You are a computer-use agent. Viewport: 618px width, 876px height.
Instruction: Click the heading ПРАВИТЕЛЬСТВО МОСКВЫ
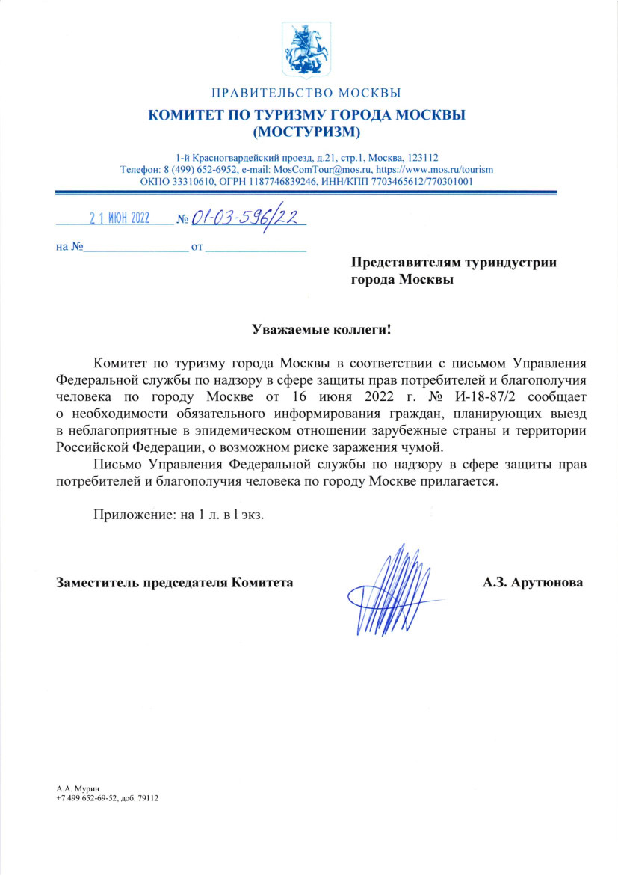tap(306, 94)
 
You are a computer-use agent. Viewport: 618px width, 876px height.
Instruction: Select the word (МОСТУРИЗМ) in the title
tap(306, 133)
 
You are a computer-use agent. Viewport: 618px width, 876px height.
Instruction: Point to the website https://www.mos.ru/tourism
tap(433, 169)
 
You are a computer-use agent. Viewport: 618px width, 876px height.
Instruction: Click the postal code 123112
tap(424, 158)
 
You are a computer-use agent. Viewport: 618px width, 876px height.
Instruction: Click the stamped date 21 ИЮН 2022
tap(120, 219)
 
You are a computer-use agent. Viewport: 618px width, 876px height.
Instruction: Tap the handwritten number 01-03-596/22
tap(245, 218)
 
